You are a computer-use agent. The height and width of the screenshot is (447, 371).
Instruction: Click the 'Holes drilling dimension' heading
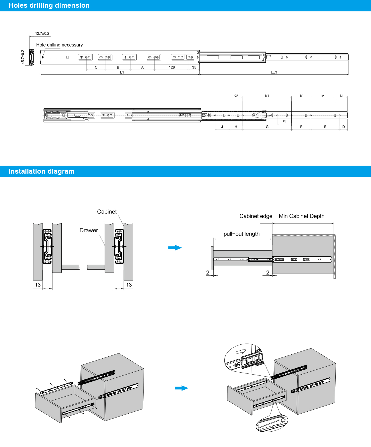(x=49, y=5)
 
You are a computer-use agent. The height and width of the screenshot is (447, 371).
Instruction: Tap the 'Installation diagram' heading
(x=41, y=171)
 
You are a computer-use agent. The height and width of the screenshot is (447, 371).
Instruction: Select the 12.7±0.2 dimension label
(x=42, y=33)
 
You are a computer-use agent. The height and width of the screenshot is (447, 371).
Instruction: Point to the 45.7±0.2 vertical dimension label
(x=23, y=57)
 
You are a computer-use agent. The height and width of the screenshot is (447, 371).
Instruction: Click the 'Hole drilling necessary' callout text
(x=59, y=45)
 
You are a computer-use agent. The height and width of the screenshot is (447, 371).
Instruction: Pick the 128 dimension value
(x=172, y=67)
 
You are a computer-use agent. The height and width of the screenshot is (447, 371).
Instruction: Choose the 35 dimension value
(x=194, y=67)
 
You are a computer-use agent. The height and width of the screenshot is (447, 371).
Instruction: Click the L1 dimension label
(x=122, y=72)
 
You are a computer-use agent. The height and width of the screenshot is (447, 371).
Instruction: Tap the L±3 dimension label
(x=274, y=72)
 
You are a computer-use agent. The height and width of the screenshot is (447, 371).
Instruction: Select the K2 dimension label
(x=236, y=96)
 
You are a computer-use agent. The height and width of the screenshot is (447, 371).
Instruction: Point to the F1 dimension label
(x=285, y=122)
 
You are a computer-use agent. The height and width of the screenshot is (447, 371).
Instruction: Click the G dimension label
(x=267, y=127)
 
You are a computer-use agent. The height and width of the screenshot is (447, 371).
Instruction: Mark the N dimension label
(x=341, y=96)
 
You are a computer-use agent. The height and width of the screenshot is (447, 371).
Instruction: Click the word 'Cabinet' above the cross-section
(x=107, y=212)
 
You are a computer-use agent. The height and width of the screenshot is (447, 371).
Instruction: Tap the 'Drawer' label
(x=89, y=230)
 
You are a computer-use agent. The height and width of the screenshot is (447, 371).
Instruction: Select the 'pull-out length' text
(x=241, y=234)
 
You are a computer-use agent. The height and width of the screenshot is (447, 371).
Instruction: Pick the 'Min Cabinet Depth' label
(x=302, y=216)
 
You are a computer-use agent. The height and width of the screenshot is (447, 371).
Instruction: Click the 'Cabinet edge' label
(x=256, y=216)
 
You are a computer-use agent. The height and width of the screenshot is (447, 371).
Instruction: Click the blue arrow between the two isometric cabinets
(x=181, y=388)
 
